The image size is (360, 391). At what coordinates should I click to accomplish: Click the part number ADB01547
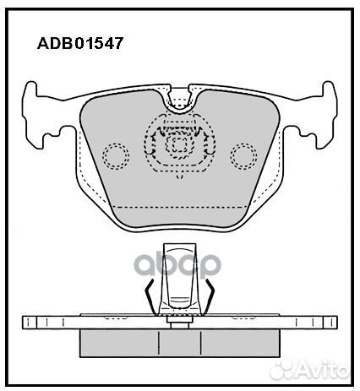(80, 43)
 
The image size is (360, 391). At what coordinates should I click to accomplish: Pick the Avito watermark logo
(310, 369)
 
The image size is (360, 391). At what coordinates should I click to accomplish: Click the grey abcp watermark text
(177, 265)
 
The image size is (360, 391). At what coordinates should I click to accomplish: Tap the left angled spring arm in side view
(150, 297)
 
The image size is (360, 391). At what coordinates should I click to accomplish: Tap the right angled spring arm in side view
(210, 297)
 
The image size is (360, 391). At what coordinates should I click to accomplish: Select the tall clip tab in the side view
(179, 279)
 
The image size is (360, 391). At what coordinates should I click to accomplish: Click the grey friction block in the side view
(180, 343)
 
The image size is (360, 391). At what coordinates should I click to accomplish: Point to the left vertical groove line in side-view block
(159, 343)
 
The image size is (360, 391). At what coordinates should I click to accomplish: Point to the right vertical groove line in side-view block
(200, 343)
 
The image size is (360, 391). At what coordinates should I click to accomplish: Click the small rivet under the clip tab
(180, 323)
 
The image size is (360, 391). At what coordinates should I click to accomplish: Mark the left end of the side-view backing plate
(23, 323)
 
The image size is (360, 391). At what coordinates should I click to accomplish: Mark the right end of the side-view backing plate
(337, 323)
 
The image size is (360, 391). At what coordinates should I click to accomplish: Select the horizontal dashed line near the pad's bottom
(179, 207)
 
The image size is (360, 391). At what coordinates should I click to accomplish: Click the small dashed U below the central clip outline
(180, 176)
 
